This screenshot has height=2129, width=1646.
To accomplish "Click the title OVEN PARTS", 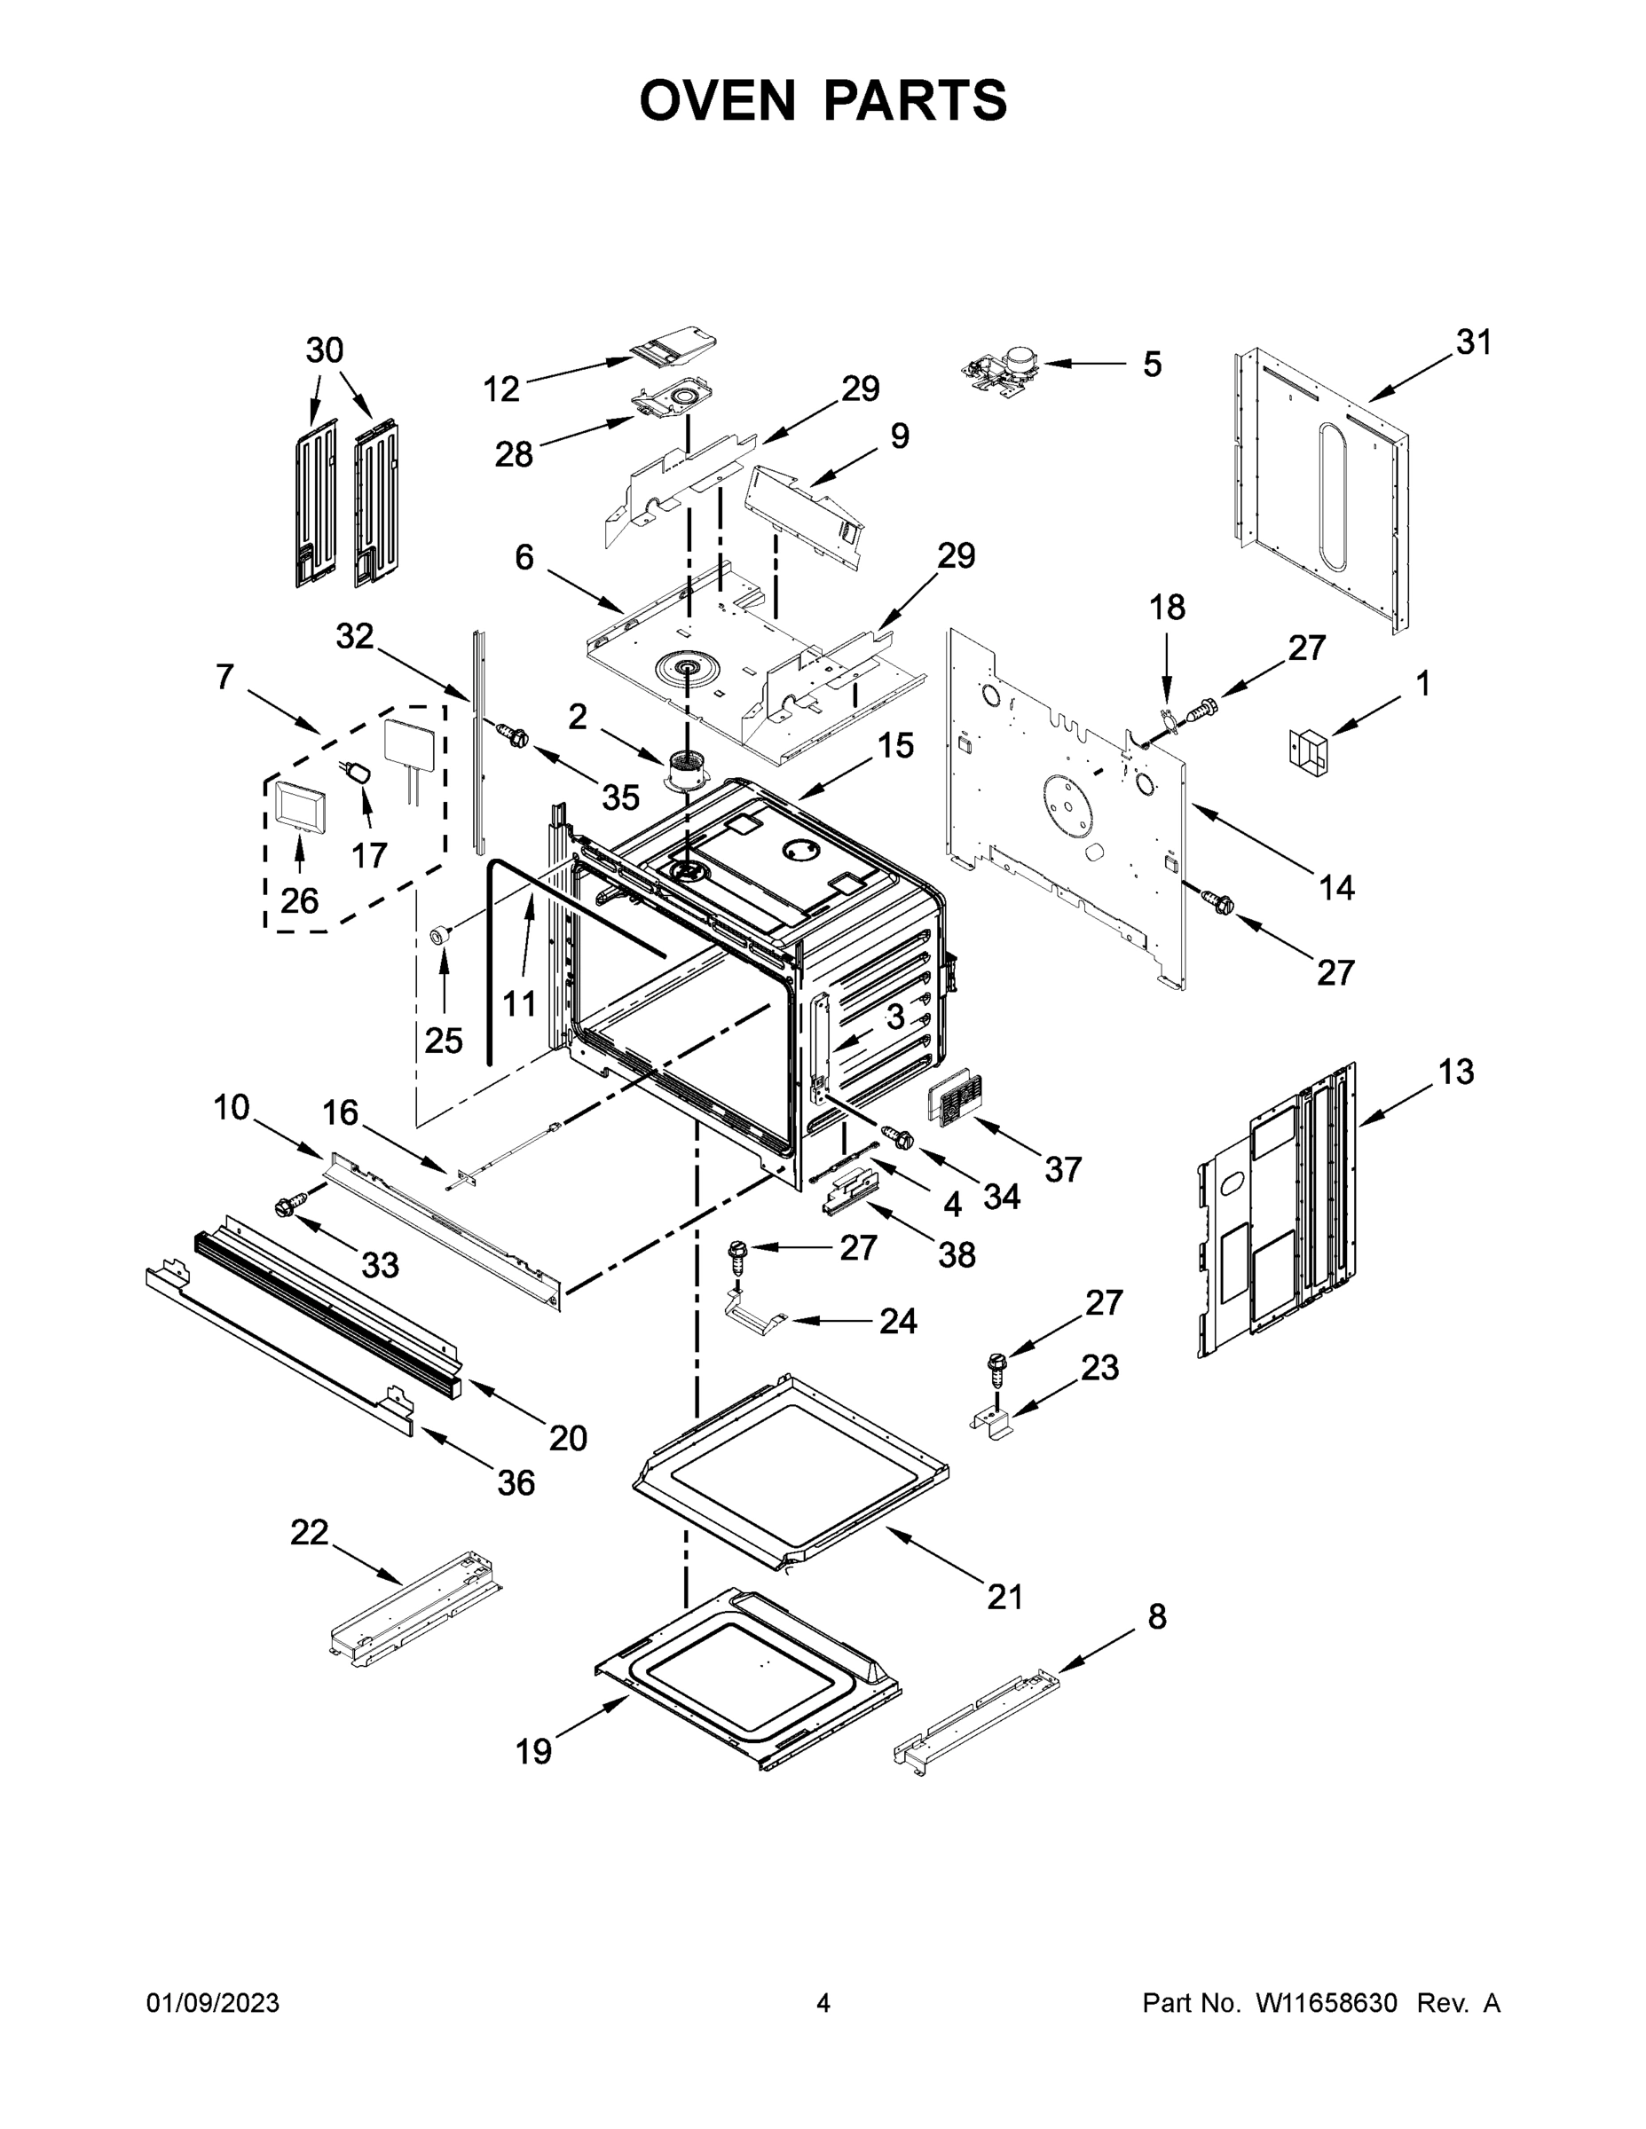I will [x=823, y=100].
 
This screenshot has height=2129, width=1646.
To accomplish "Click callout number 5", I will [x=1152, y=365].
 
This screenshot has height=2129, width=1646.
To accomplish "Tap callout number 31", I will [x=1473, y=342].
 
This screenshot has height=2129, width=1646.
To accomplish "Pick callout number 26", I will [x=298, y=900].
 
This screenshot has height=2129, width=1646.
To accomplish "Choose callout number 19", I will [x=533, y=1752].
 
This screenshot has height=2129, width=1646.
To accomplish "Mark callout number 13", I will [x=1455, y=1072].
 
